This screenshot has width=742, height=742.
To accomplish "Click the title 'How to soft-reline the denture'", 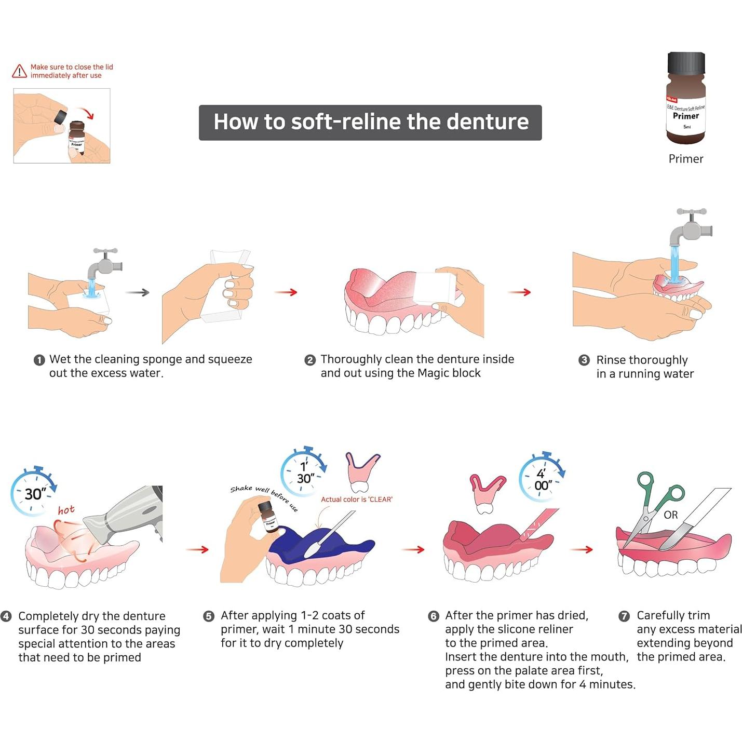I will tap(370, 123).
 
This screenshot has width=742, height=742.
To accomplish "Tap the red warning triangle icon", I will tap(19, 71).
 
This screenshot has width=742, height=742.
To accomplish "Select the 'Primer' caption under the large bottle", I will tap(685, 159).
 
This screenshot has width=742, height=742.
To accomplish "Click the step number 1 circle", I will tap(39, 360).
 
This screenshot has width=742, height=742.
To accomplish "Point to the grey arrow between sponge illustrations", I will tap(138, 292).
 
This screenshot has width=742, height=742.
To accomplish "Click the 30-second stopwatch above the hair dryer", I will tap(33, 492).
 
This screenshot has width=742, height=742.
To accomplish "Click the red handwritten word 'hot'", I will tap(66, 510).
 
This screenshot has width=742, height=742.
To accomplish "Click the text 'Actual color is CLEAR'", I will tap(356, 500).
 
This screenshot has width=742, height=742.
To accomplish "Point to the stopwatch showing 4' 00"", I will tap(542, 478).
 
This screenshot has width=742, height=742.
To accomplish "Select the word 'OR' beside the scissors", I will tap(670, 515).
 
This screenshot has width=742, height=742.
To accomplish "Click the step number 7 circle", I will tap(624, 616).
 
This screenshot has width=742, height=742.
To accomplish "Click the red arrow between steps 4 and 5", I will tap(197, 549).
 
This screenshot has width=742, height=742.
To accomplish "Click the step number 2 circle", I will tap(310, 360).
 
